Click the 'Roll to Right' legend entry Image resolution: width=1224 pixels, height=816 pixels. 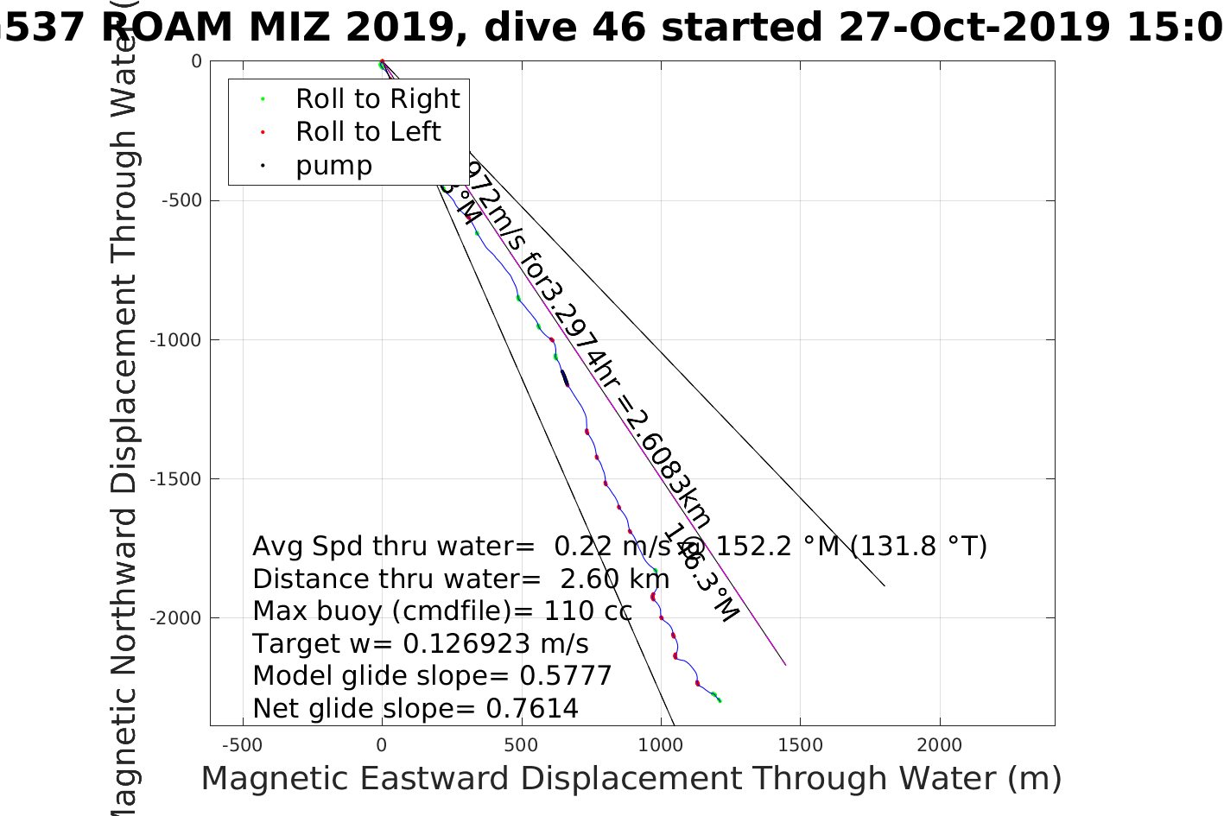click(x=377, y=99)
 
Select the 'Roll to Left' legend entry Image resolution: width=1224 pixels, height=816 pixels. click(x=367, y=132)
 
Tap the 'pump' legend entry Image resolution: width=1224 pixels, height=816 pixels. click(x=333, y=166)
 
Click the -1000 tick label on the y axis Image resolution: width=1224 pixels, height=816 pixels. click(x=176, y=340)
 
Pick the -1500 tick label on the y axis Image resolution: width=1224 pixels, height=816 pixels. click(x=176, y=479)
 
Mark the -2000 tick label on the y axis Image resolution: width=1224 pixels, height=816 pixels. click(x=176, y=618)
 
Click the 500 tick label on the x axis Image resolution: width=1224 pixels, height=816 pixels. click(x=521, y=745)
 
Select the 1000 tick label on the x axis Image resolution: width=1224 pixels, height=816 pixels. click(x=660, y=745)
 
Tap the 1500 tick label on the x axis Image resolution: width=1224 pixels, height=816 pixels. click(x=800, y=745)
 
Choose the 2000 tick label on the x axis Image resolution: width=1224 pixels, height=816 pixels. click(x=939, y=745)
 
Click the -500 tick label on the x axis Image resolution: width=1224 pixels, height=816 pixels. click(x=242, y=745)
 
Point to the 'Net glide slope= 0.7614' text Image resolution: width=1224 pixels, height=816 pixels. click(x=415, y=709)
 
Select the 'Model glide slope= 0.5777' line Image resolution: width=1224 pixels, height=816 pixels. click(x=432, y=676)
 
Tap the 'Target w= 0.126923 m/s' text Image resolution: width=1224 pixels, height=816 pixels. click(x=421, y=644)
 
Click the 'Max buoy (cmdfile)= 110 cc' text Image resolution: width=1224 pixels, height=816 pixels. click(x=442, y=611)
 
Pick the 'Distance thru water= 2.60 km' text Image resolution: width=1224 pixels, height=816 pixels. click(x=460, y=579)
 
